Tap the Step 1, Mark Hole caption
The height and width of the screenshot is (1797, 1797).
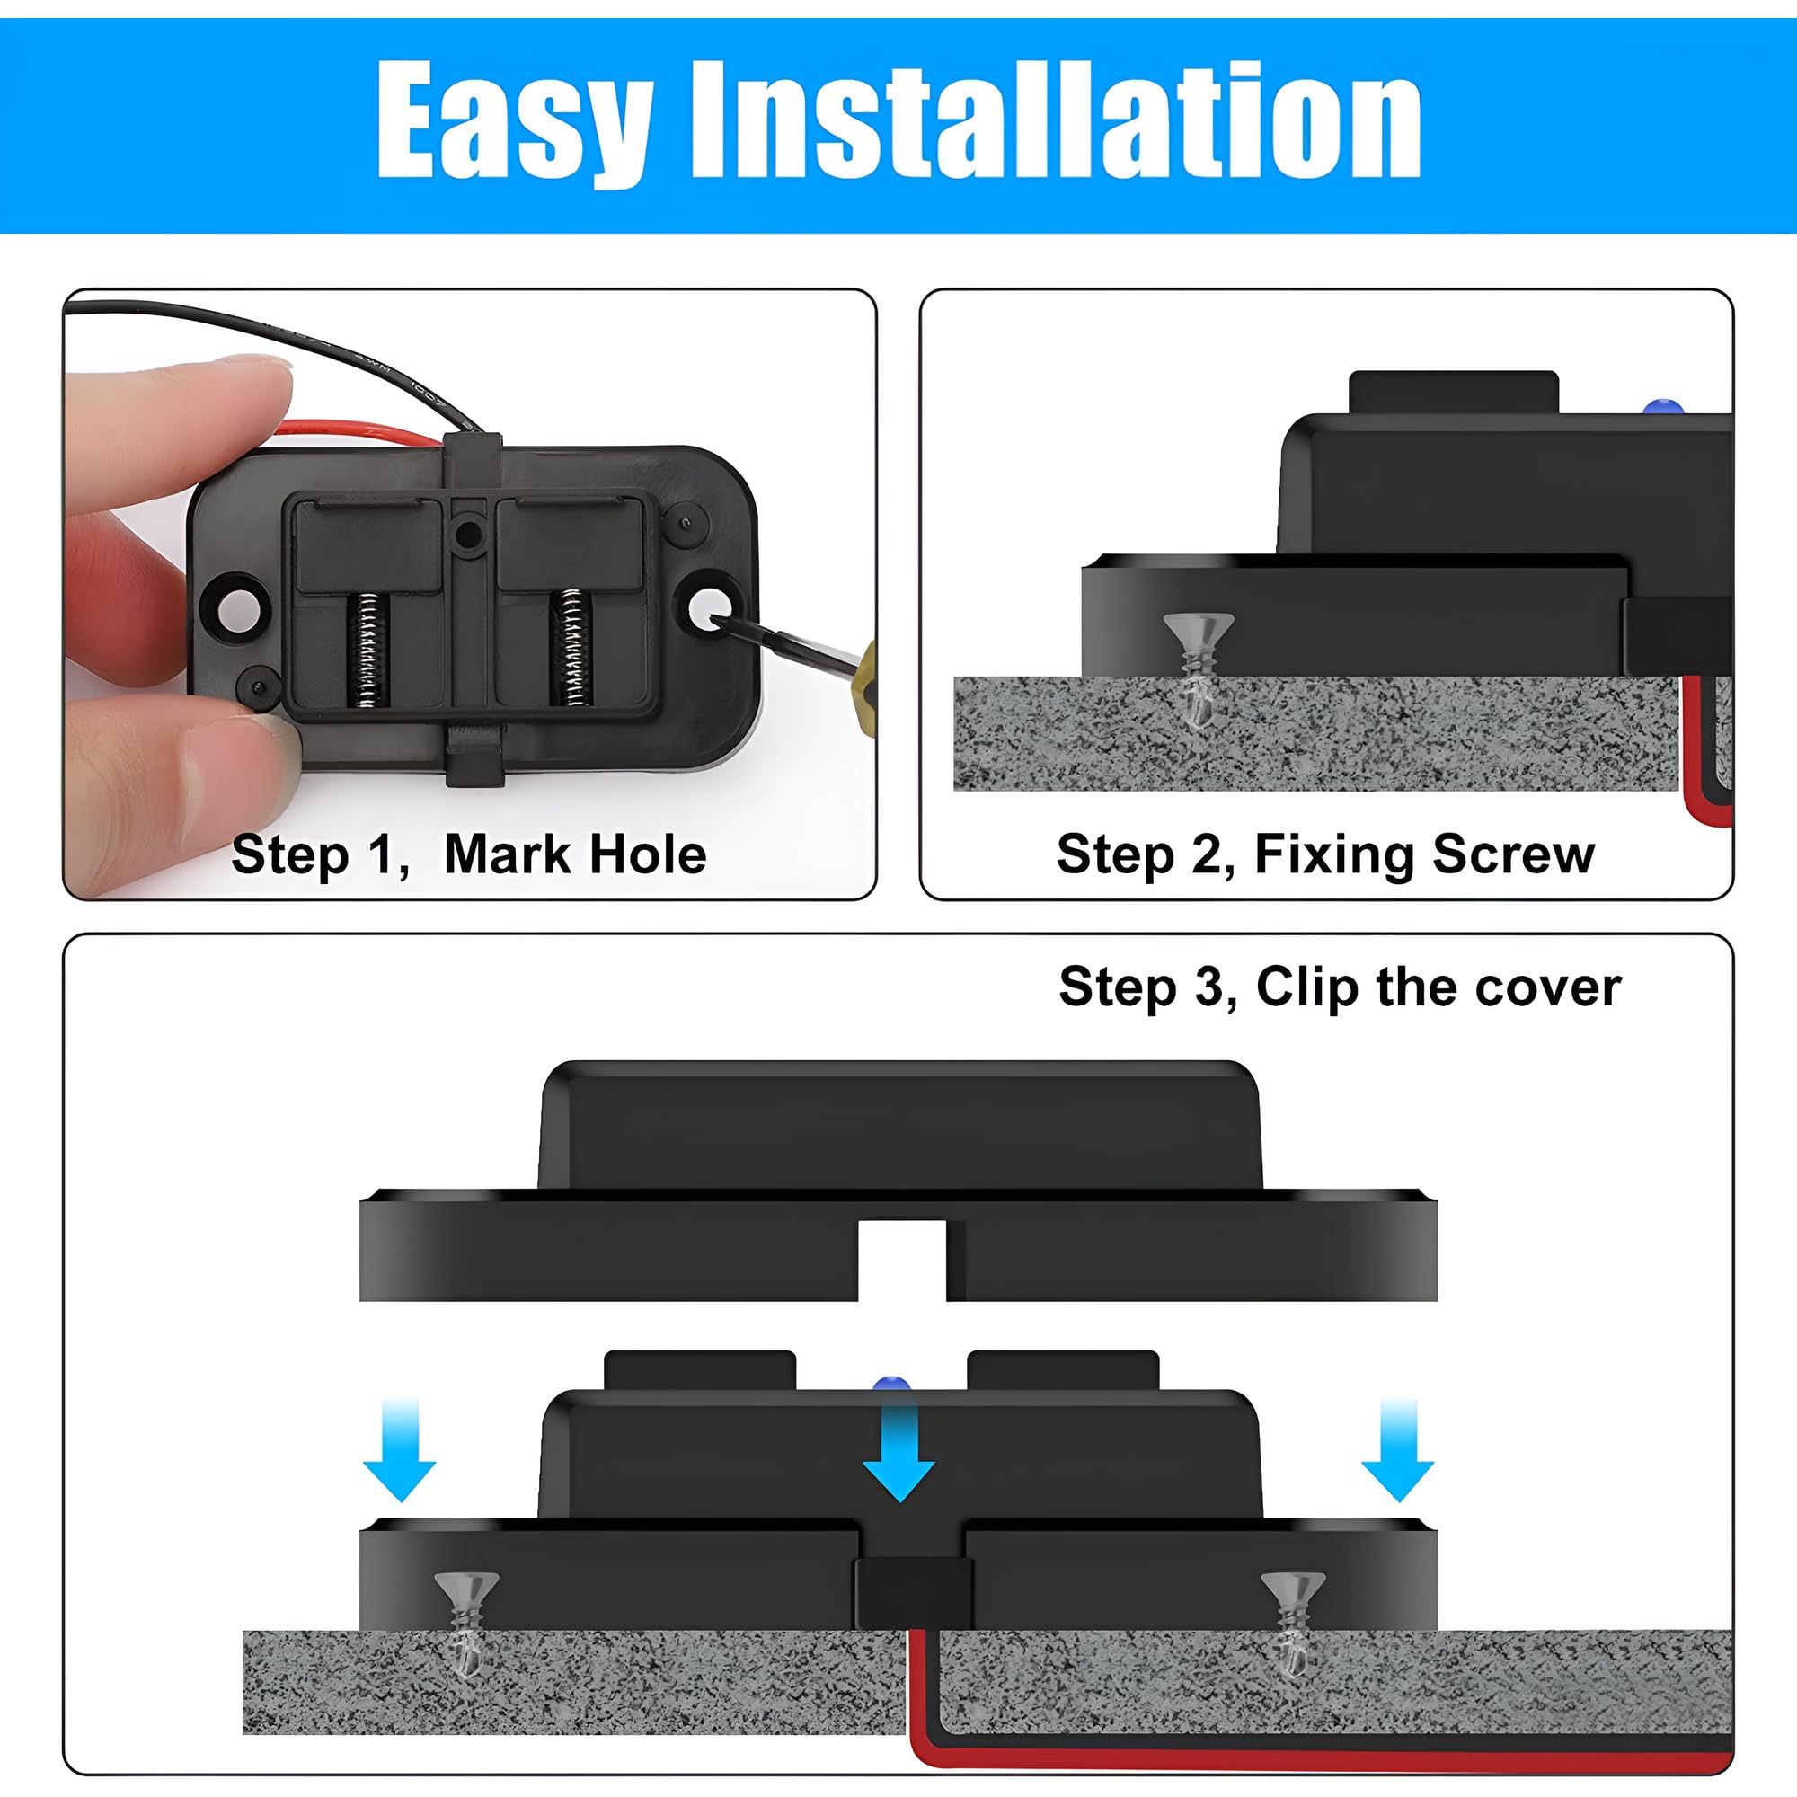click(469, 854)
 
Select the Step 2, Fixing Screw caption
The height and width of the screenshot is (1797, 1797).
click(1325, 854)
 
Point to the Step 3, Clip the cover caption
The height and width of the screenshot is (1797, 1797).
click(1340, 987)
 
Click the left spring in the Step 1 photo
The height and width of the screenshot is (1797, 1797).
click(367, 649)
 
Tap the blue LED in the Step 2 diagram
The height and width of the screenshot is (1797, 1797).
click(1663, 407)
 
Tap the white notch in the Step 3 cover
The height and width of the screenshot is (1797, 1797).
click(901, 1260)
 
